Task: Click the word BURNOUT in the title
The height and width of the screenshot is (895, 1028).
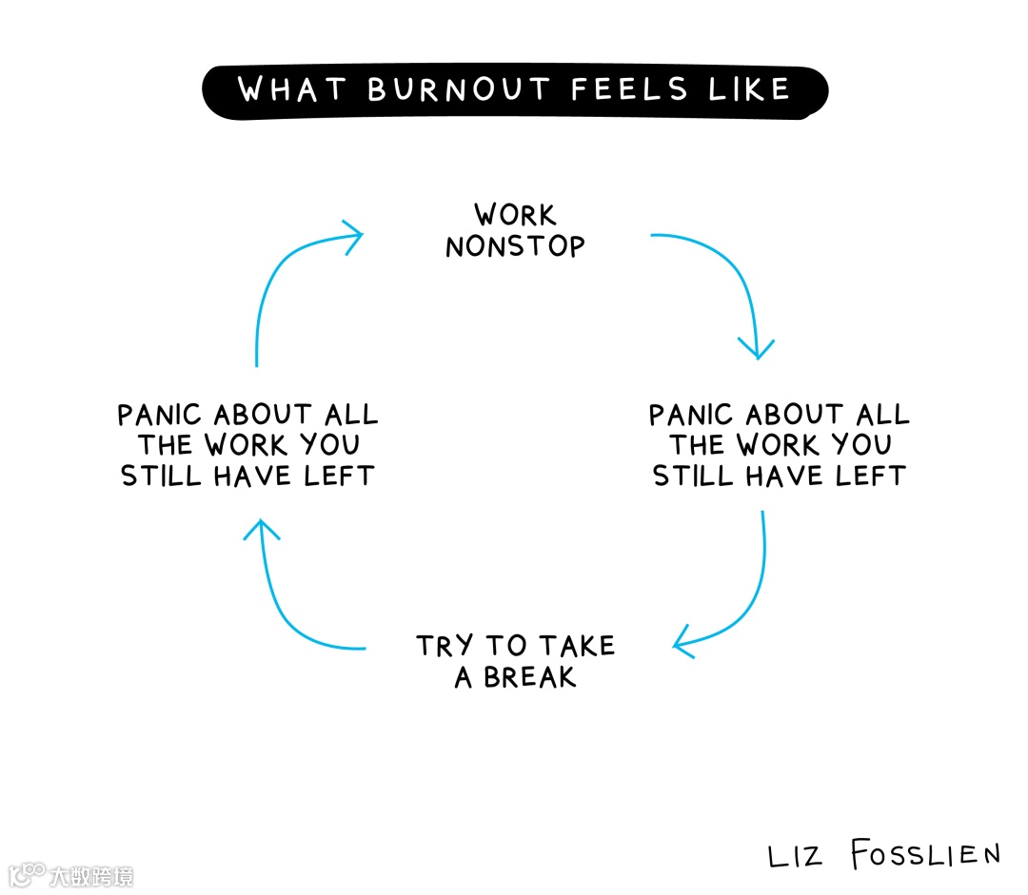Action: click(459, 89)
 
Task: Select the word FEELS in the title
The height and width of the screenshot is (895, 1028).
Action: click(629, 89)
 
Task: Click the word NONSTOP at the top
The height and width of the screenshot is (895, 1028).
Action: click(515, 247)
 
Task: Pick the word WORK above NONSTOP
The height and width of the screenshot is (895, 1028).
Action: click(515, 215)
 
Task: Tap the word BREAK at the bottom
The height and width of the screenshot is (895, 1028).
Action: click(530, 678)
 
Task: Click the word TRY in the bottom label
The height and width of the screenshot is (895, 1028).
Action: click(445, 647)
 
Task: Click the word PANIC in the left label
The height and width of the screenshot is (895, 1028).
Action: click(160, 416)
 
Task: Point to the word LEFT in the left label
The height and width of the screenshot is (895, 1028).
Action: click(339, 476)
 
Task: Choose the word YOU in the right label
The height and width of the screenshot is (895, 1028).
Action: click(861, 445)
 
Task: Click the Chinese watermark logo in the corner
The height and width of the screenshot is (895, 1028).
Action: click(70, 874)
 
